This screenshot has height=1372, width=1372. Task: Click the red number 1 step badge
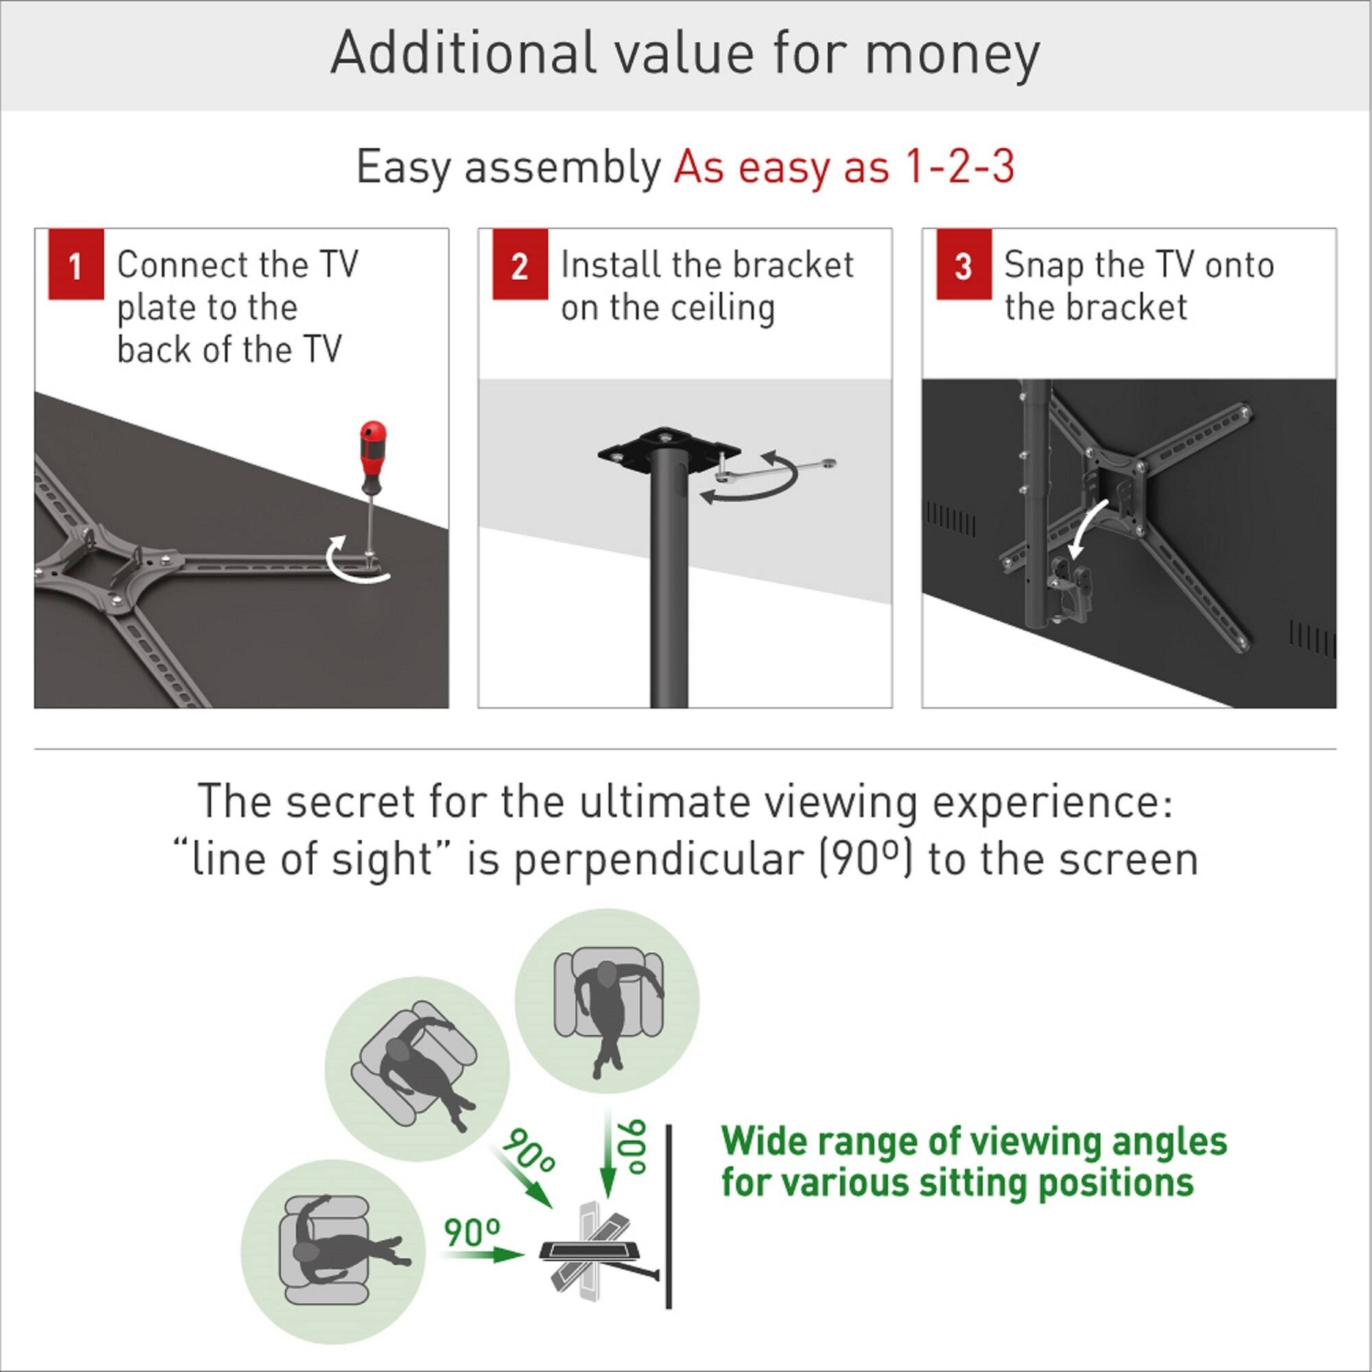(76, 265)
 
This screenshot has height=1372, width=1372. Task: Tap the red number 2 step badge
(520, 265)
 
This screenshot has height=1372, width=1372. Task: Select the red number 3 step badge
(964, 265)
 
